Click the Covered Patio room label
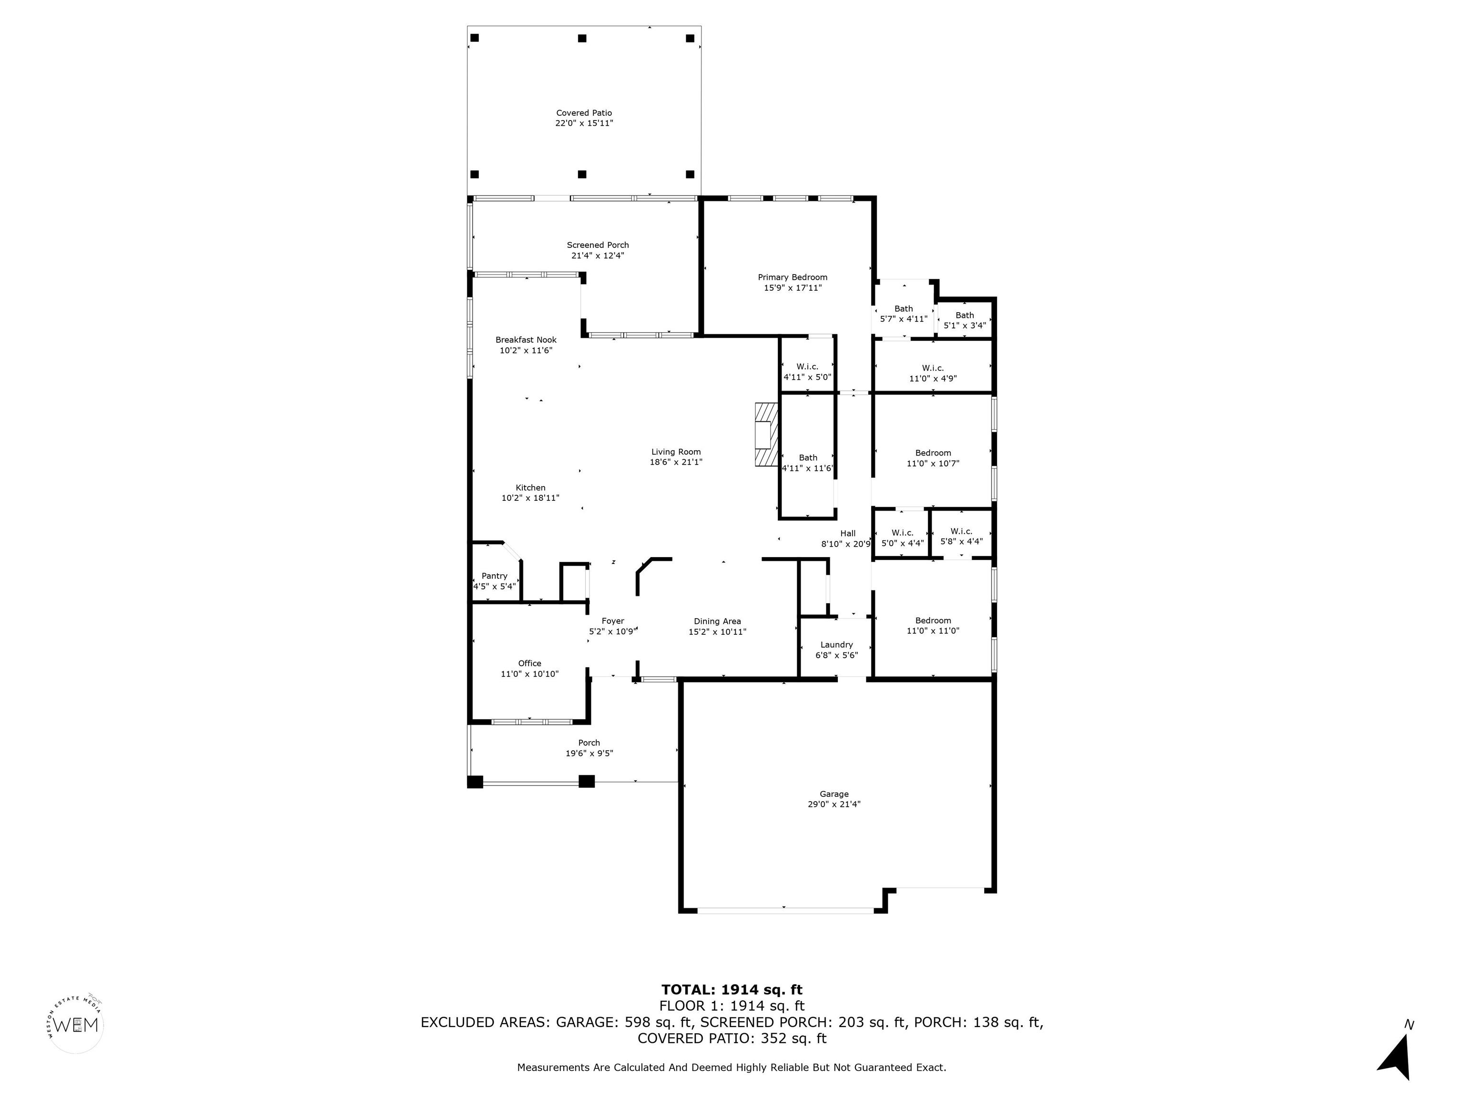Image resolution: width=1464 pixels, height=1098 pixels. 584,113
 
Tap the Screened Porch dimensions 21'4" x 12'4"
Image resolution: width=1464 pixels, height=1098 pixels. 598,255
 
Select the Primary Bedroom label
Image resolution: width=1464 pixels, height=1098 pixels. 792,277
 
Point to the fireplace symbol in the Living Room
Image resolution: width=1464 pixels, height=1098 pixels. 766,434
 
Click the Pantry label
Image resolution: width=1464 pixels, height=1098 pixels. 494,576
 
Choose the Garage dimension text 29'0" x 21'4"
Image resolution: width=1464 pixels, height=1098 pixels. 834,804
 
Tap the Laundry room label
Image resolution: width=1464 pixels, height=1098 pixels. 836,645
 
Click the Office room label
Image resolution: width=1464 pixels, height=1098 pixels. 529,663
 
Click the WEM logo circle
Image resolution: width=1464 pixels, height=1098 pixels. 77,1025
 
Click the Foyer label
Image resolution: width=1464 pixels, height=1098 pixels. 613,621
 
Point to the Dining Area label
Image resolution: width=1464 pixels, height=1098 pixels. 717,621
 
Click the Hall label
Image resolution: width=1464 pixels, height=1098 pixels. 848,533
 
